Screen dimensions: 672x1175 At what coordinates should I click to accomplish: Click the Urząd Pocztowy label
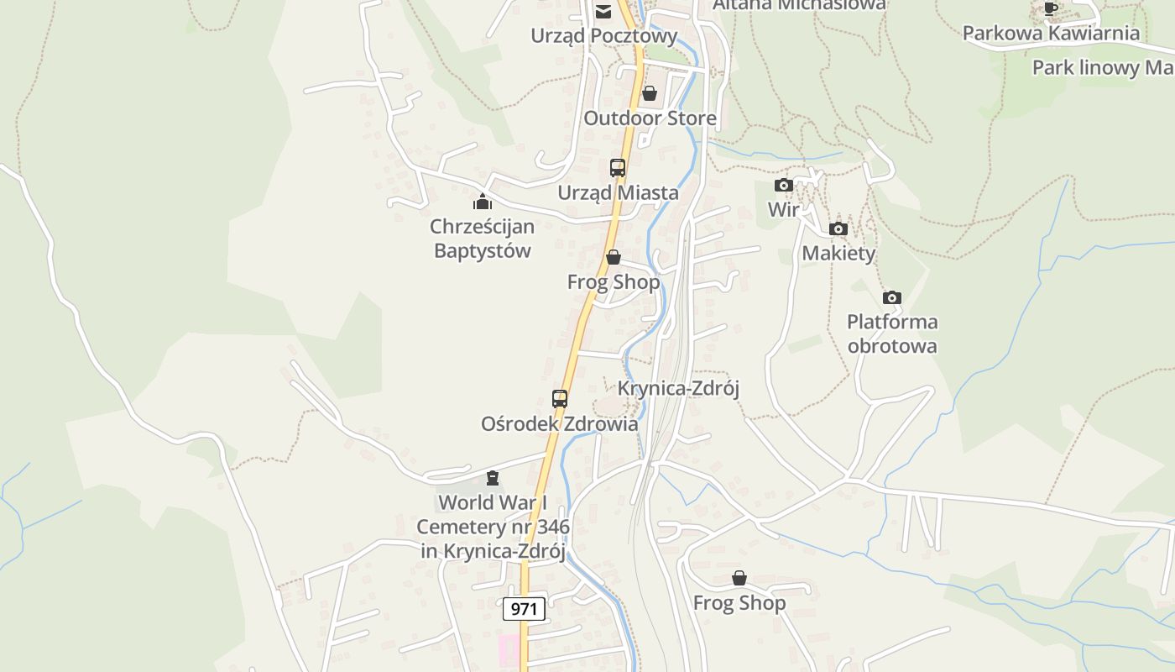(603, 36)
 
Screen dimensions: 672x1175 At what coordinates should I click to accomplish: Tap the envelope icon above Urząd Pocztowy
(603, 12)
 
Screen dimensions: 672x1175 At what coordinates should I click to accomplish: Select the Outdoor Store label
(650, 118)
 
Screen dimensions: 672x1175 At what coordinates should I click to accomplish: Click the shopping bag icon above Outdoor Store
(649, 93)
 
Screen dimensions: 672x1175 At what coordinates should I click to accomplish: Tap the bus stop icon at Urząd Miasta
(618, 167)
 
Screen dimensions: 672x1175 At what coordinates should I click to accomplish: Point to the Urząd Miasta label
(619, 193)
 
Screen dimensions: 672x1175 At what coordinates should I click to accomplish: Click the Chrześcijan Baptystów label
(482, 239)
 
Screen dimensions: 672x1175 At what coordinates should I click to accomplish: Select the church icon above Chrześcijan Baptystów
(483, 202)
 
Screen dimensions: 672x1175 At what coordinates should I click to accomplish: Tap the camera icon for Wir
(784, 185)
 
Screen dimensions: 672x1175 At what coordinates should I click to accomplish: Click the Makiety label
(838, 254)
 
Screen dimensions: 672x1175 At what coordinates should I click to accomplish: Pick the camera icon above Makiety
(838, 228)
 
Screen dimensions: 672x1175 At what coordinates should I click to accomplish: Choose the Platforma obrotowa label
(892, 333)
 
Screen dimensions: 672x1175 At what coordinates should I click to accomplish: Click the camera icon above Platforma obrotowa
(892, 297)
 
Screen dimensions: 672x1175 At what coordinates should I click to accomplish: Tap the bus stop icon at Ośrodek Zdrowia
(560, 399)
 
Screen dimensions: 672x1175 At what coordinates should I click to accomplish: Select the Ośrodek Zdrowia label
(559, 424)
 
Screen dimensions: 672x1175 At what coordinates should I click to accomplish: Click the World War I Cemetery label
(493, 527)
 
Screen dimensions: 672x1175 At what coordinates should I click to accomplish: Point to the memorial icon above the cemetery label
(493, 478)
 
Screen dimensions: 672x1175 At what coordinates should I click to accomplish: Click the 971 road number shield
(524, 608)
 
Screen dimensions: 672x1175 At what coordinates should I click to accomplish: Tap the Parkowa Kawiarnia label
(1051, 34)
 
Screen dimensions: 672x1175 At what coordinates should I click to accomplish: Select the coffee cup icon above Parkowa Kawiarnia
(1050, 8)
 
